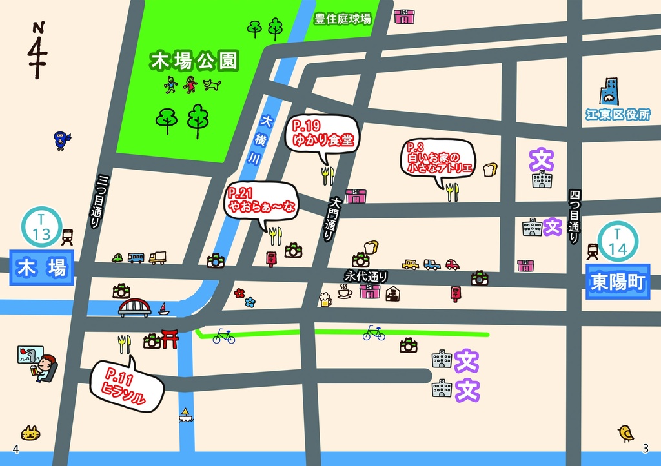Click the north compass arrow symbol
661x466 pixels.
38,52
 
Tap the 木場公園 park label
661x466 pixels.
194,62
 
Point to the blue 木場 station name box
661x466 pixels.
42,267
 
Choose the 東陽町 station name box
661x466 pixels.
618,282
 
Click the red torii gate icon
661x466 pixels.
170,338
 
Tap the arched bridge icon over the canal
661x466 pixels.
134,307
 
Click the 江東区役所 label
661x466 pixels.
617,115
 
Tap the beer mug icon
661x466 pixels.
325,298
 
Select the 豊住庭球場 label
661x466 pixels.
342,19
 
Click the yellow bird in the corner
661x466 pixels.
625,433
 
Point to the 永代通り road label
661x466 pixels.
366,276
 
